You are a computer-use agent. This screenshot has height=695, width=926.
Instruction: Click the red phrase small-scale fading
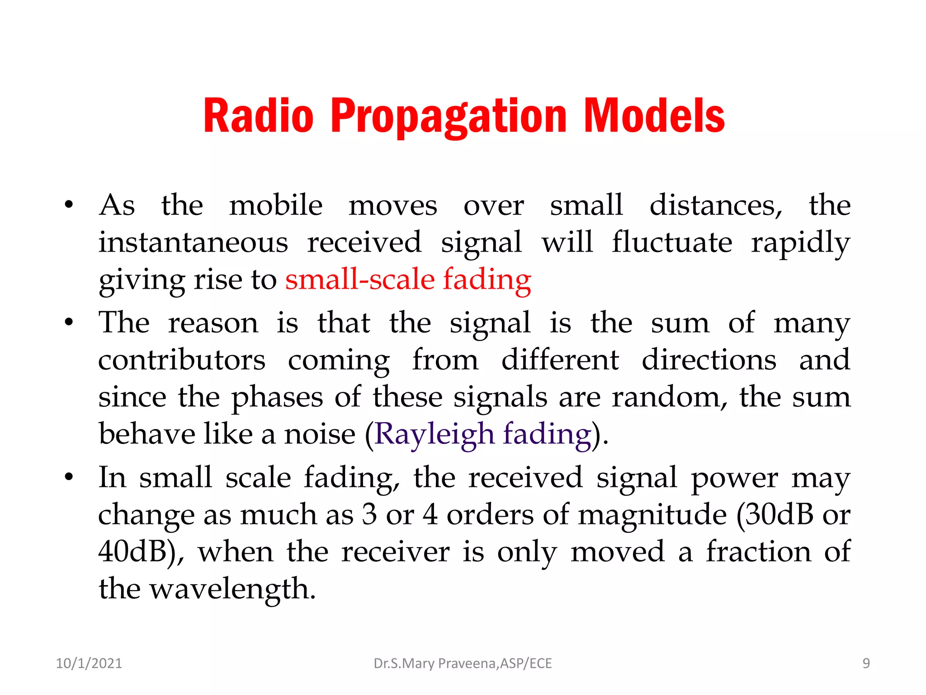point(408,279)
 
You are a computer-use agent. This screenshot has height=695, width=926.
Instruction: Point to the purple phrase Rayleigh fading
point(483,434)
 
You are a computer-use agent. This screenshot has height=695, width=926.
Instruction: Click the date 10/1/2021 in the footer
point(89,663)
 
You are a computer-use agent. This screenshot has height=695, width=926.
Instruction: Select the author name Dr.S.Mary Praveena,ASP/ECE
point(463,663)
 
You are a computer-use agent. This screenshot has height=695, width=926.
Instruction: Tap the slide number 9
point(866,663)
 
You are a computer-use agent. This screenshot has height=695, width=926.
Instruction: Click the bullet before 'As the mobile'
point(69,205)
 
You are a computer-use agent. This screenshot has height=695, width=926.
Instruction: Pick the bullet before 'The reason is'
point(69,323)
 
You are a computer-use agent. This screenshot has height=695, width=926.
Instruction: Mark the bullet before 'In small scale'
point(69,477)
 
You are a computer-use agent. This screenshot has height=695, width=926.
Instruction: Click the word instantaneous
point(193,242)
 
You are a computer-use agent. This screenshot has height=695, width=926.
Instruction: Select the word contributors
point(182,360)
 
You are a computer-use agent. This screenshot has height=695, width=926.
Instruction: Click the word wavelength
point(232,589)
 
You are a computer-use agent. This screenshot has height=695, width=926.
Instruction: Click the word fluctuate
point(672,242)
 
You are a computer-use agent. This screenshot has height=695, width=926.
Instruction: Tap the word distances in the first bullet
point(716,205)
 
